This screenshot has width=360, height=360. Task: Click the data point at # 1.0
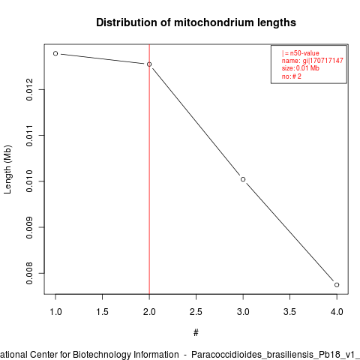point(55,53)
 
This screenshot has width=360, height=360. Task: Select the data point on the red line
point(149,64)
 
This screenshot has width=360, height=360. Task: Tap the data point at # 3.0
point(243,179)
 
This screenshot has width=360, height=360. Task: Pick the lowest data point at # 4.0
point(337,285)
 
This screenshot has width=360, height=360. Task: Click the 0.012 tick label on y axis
point(29,89)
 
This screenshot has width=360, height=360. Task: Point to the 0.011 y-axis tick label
point(29,135)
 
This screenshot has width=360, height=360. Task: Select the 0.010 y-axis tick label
point(29,181)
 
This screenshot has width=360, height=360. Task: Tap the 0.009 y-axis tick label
point(29,227)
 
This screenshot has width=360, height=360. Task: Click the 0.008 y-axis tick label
point(29,273)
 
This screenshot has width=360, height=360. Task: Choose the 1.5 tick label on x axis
point(103,312)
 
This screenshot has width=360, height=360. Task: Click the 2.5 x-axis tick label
point(196,312)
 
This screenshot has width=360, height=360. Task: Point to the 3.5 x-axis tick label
point(289,312)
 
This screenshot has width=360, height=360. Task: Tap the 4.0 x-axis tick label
point(337,312)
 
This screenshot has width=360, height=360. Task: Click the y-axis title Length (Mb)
point(7,169)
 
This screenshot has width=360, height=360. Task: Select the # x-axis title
point(196,333)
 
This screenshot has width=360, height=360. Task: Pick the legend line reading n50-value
point(301,53)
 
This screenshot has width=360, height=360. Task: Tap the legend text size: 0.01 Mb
point(301,68)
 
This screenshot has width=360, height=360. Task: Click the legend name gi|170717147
point(313,61)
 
